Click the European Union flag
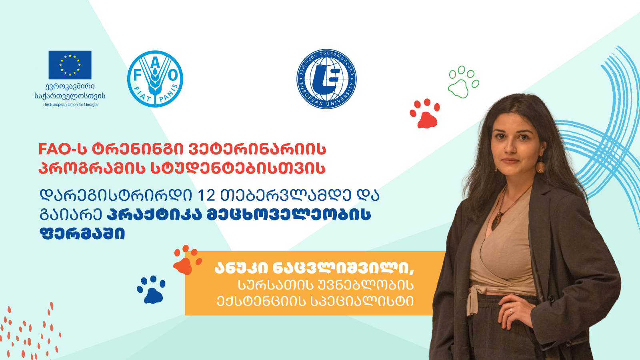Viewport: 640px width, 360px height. click(70, 65)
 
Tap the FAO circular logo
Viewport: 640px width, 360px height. click(155, 79)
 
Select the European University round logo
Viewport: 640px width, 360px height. click(326, 79)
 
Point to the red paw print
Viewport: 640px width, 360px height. click(425, 114)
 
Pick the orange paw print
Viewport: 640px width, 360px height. click(187, 260)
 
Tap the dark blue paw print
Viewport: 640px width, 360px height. click(151, 290)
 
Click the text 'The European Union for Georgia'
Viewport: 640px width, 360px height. click(70, 104)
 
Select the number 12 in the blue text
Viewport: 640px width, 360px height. click(206, 196)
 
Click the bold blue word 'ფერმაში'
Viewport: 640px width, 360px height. click(82, 233)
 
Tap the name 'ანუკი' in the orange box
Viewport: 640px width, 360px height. click(241, 268)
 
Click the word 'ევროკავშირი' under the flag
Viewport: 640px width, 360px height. click(70, 86)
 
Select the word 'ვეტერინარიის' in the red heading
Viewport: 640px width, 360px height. click(257, 149)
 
